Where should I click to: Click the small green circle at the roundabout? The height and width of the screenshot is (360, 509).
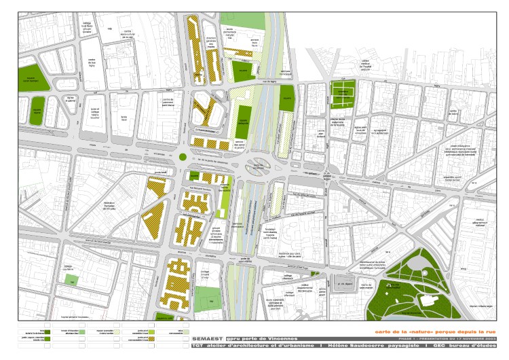pos(183,158)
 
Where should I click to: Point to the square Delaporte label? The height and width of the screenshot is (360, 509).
pos(242,123)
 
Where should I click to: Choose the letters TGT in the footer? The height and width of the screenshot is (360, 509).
pos(197,346)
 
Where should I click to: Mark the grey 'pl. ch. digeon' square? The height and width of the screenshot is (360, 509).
pos(345,285)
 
